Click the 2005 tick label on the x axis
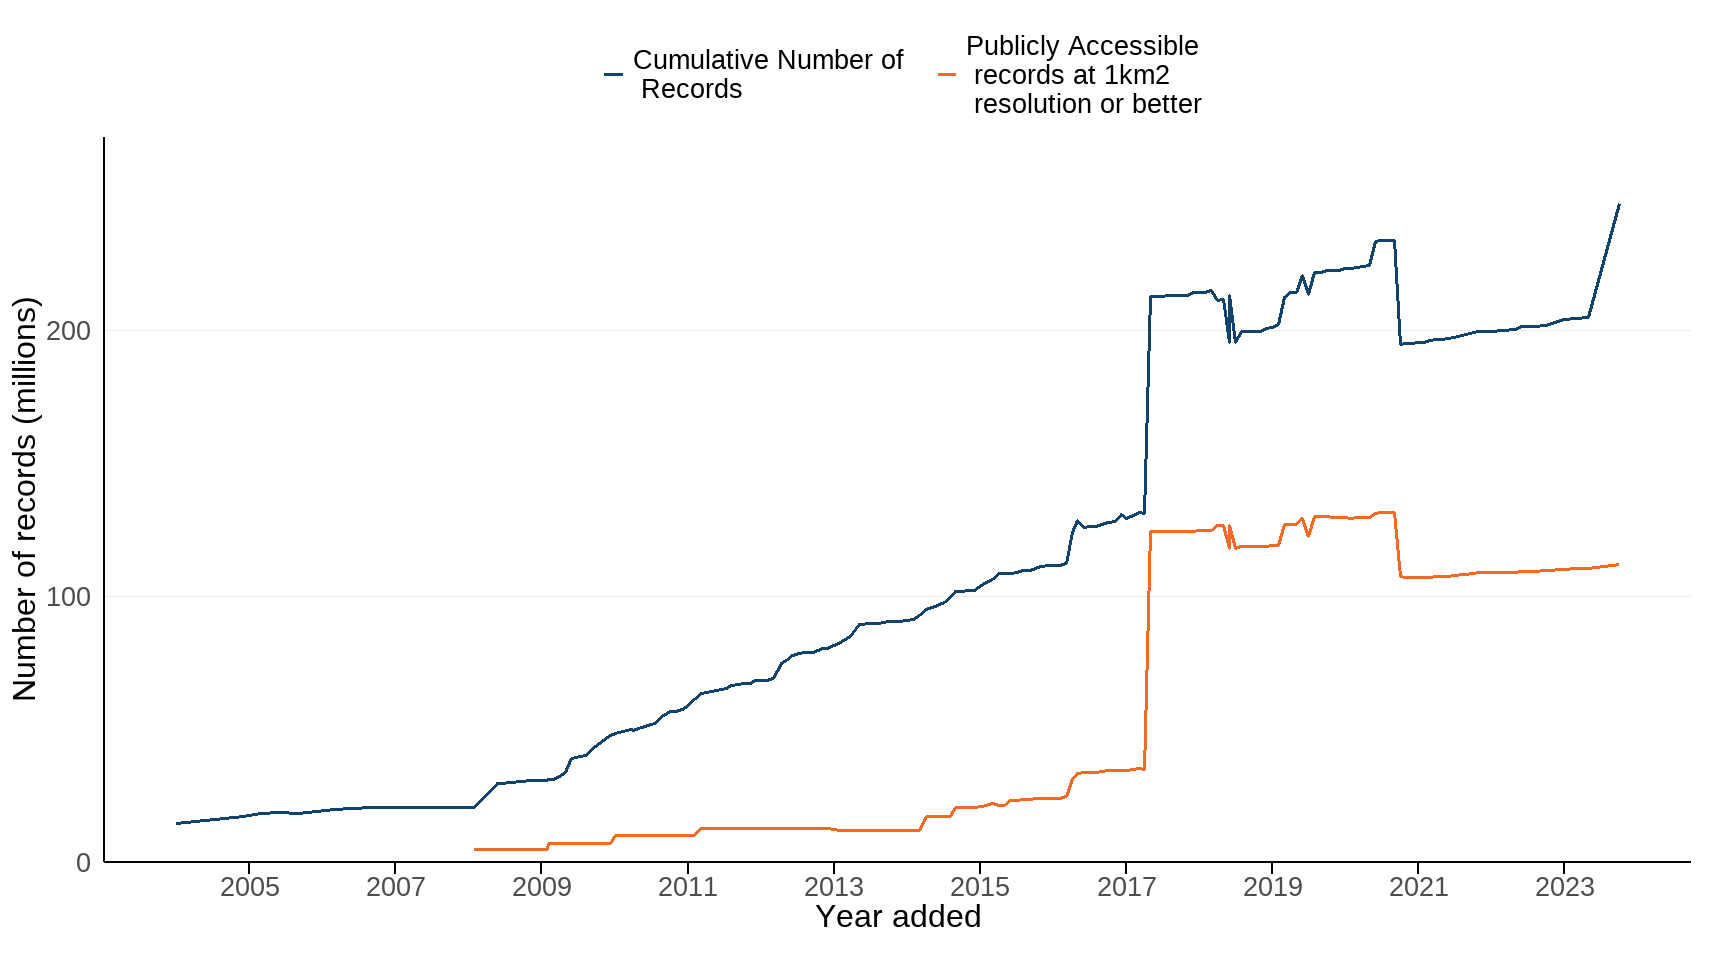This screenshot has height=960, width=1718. pyautogui.click(x=249, y=887)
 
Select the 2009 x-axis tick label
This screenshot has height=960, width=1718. pyautogui.click(x=541, y=887)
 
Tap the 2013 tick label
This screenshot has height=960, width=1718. pyautogui.click(x=833, y=887)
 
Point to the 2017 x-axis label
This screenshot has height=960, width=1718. pyautogui.click(x=1126, y=887)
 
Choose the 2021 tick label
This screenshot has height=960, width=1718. pyautogui.click(x=1418, y=887)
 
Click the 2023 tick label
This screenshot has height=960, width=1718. pyautogui.click(x=1564, y=887)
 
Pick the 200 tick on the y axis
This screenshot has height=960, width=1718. pyautogui.click(x=68, y=331)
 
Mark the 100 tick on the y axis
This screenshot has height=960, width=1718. pyautogui.click(x=68, y=597)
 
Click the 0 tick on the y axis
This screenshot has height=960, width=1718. pyautogui.click(x=83, y=863)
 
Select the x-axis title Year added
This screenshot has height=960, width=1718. pyautogui.click(x=897, y=917)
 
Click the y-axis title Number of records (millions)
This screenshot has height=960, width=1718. pyautogui.click(x=25, y=499)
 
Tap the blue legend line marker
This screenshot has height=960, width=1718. pyautogui.click(x=613, y=75)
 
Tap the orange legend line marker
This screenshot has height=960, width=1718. pyautogui.click(x=946, y=75)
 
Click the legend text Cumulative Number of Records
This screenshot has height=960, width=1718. pyautogui.click(x=767, y=75)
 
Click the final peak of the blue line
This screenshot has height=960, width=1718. pyautogui.click(x=1618, y=205)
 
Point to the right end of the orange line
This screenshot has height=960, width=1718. pyautogui.click(x=1618, y=565)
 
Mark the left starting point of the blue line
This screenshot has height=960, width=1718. pyautogui.click(x=177, y=824)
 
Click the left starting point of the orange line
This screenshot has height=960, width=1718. pyautogui.click(x=475, y=850)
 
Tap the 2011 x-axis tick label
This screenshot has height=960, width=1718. pyautogui.click(x=687, y=887)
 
